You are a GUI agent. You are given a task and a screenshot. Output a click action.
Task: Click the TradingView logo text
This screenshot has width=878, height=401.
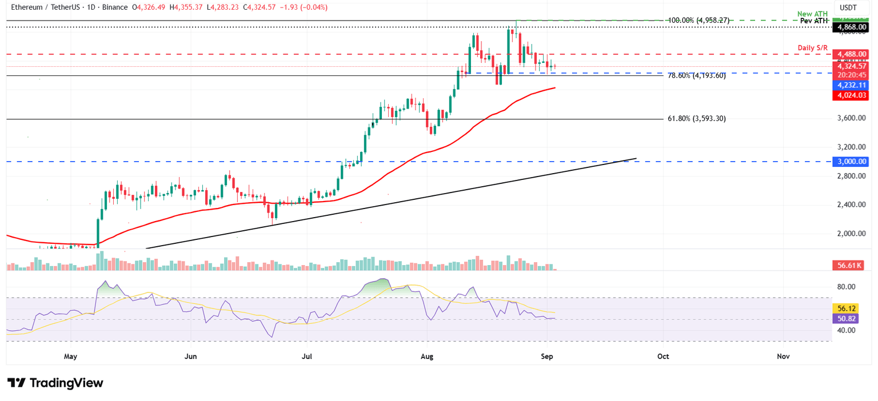[66, 383]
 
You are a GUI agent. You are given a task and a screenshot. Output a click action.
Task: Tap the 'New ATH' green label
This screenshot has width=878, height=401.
[812, 13]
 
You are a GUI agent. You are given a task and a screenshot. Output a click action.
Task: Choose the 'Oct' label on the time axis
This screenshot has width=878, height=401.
[663, 356]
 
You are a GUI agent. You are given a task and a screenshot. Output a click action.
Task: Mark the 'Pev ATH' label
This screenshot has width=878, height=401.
[812, 21]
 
